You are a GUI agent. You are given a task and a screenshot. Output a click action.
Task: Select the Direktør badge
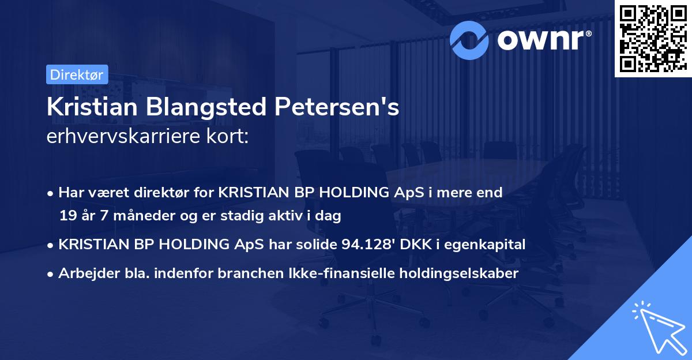77,74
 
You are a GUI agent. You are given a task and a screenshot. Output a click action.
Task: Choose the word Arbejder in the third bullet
82,273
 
